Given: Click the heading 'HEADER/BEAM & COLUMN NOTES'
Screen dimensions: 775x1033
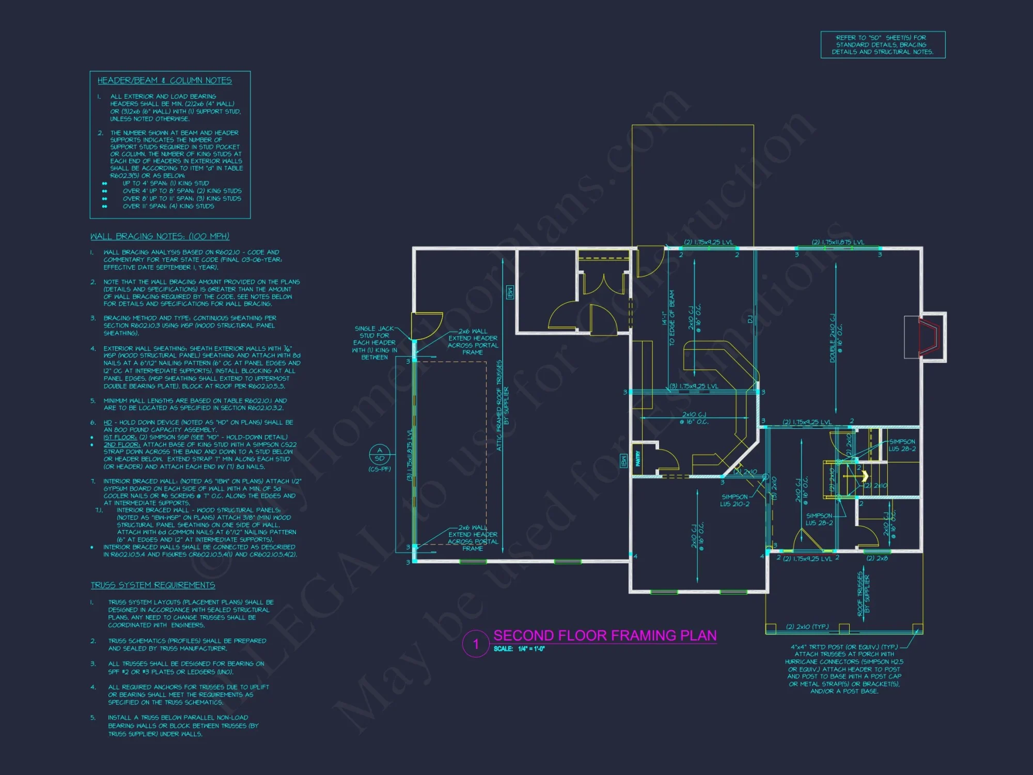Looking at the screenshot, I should click(x=164, y=81).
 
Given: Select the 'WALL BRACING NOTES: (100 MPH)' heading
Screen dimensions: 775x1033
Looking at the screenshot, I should click(x=160, y=236).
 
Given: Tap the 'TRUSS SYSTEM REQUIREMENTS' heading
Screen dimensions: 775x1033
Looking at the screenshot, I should click(x=153, y=585).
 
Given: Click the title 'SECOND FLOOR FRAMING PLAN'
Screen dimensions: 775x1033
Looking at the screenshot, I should click(x=605, y=636).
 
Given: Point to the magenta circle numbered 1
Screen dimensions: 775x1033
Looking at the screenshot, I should click(x=476, y=644).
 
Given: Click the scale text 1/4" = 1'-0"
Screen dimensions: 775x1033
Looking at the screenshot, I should click(x=531, y=649).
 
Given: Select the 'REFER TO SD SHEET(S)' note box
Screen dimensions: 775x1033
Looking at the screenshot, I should click(x=883, y=45).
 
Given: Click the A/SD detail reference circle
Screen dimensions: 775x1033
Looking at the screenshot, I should click(x=380, y=455).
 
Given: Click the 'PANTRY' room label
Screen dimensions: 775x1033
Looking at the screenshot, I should click(x=638, y=458).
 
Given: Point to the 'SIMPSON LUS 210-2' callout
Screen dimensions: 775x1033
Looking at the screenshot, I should click(x=734, y=500).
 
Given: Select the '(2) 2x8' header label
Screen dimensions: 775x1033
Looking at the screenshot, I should click(x=877, y=558).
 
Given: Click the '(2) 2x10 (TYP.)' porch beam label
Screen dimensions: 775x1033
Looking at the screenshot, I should click(x=807, y=627).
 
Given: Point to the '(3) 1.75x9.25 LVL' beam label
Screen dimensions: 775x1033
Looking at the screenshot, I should click(x=694, y=386).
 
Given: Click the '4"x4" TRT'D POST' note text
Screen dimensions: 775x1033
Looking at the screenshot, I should click(x=844, y=647).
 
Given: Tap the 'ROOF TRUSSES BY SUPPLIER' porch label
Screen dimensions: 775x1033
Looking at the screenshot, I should click(x=863, y=594).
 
